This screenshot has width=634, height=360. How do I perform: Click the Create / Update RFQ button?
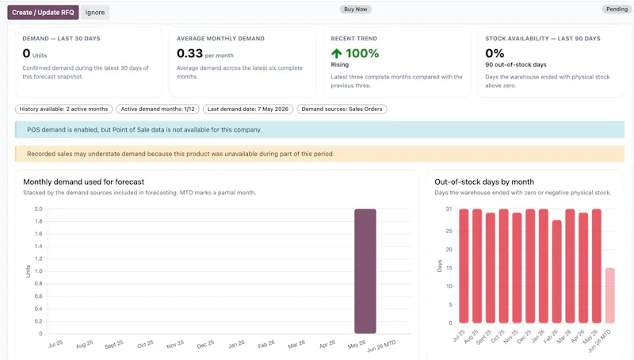43,13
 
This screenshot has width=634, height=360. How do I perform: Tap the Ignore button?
95,13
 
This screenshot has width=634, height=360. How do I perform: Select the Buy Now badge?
355,10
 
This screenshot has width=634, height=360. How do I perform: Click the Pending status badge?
617,10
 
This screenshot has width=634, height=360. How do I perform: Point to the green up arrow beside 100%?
336,53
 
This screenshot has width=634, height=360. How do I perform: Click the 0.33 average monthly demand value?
189,53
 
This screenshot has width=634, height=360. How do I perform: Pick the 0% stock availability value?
495,53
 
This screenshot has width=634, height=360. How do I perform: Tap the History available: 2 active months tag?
64,109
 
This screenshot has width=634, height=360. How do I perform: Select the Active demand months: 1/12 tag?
158,109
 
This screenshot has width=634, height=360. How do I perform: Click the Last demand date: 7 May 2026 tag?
248,109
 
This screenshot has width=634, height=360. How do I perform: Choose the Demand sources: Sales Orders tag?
342,109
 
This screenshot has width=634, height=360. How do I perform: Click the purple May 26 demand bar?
365,271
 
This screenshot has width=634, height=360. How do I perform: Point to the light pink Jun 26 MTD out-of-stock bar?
609,295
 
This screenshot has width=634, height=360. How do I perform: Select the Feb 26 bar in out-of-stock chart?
557,271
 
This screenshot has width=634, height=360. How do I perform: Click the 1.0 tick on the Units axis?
38,271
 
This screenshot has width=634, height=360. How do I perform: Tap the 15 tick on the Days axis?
449,268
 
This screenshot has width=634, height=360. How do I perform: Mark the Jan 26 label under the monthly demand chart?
236,344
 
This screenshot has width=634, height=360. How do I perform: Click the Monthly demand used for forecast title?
84,182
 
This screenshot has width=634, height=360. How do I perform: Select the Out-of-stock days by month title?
484,182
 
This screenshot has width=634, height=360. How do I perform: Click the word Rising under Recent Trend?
340,65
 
